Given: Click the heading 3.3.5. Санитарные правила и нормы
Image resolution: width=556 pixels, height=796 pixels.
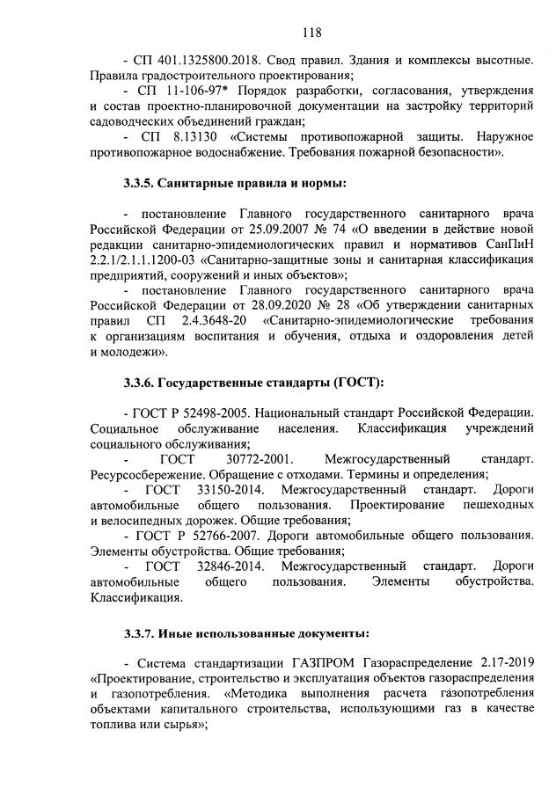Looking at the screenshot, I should tap(235, 184).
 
